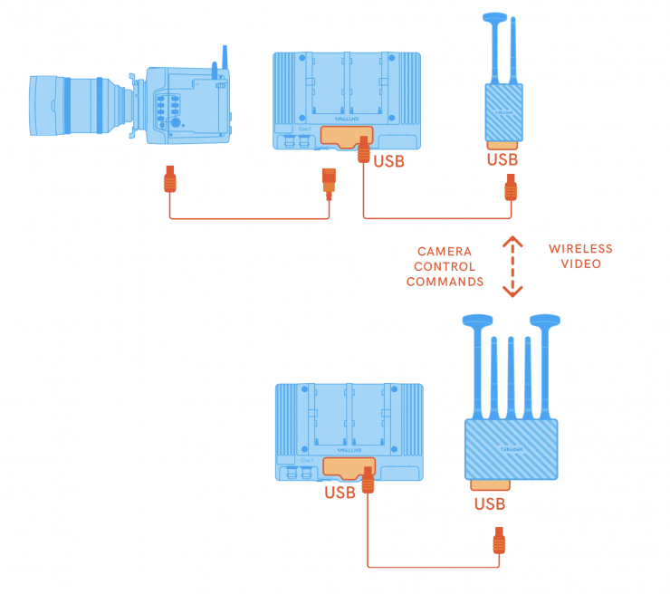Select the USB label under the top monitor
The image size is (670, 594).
click(388, 162)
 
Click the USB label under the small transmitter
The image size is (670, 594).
click(502, 160)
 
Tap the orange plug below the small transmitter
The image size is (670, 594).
click(511, 191)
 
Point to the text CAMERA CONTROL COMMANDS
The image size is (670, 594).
click(444, 266)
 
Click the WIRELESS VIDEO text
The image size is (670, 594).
click(580, 255)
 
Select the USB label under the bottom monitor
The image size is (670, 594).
click(340, 493)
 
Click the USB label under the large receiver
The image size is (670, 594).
click(489, 503)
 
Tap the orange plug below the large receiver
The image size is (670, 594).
click(497, 541)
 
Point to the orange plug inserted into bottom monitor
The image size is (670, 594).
click(368, 479)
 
